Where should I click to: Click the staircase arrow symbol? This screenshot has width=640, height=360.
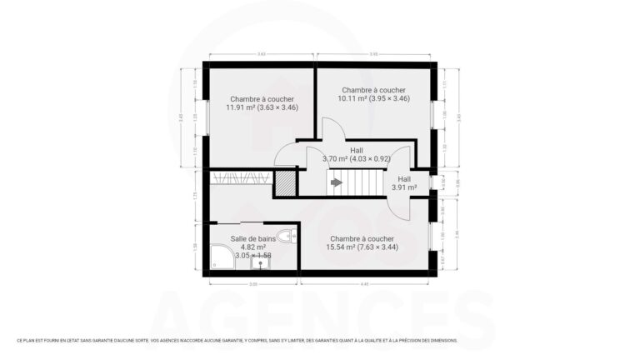click(x=336, y=182)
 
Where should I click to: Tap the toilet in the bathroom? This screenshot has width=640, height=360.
click(x=286, y=237)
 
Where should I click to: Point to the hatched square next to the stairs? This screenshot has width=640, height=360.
click(x=285, y=182)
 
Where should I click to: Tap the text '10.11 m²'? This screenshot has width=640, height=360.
click(x=352, y=98)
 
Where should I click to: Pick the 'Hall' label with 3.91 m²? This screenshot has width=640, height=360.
click(x=404, y=179)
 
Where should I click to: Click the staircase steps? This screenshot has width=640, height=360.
click(x=362, y=182)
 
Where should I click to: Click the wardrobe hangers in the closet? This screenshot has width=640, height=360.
click(x=241, y=177)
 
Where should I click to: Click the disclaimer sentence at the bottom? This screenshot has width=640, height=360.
click(x=237, y=340)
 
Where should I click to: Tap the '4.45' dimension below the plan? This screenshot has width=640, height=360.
click(x=365, y=284)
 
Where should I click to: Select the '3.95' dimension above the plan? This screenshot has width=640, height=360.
click(x=373, y=54)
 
